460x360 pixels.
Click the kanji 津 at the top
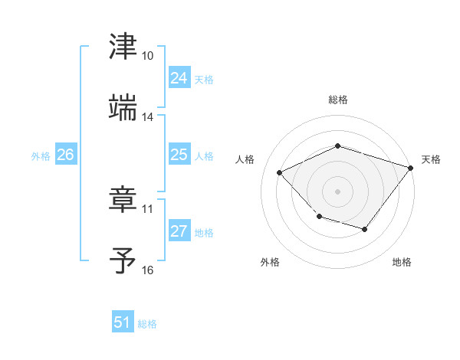pos(123,47)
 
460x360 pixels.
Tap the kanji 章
pos(123,200)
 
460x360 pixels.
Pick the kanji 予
pos(123,260)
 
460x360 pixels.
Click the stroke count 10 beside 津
pos(148,57)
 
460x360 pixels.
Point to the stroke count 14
pos(148,117)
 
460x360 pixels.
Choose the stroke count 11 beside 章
pos(148,209)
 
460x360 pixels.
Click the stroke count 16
pos(148,270)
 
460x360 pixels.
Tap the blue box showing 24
pos(179,78)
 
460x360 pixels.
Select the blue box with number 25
pos(179,155)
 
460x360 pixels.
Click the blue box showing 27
pos(179,231)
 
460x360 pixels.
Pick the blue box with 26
pos(65,155)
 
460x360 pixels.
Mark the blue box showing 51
pos(123,322)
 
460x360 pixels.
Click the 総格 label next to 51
pos(147,324)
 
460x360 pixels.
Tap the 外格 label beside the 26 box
pos(41,156)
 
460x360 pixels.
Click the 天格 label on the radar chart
pos(431,159)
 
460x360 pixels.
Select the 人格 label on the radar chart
pos(245,159)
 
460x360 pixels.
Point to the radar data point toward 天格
pos(411,168)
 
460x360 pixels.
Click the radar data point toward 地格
pos(365,229)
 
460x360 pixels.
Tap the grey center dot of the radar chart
pos(337,191)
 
